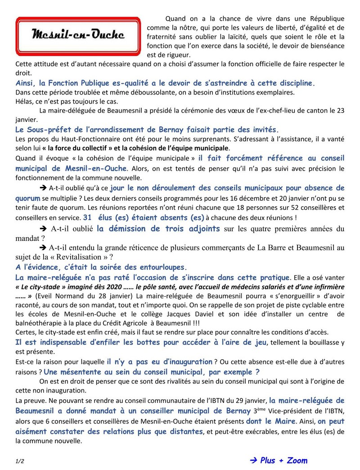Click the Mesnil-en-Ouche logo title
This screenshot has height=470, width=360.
pyautogui.click(x=78, y=35)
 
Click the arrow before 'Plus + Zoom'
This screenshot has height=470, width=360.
pyautogui.click(x=253, y=460)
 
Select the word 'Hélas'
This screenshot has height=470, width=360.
pyautogui.click(x=23, y=101)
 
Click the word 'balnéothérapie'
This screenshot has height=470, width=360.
pyautogui.click(x=39, y=323)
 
